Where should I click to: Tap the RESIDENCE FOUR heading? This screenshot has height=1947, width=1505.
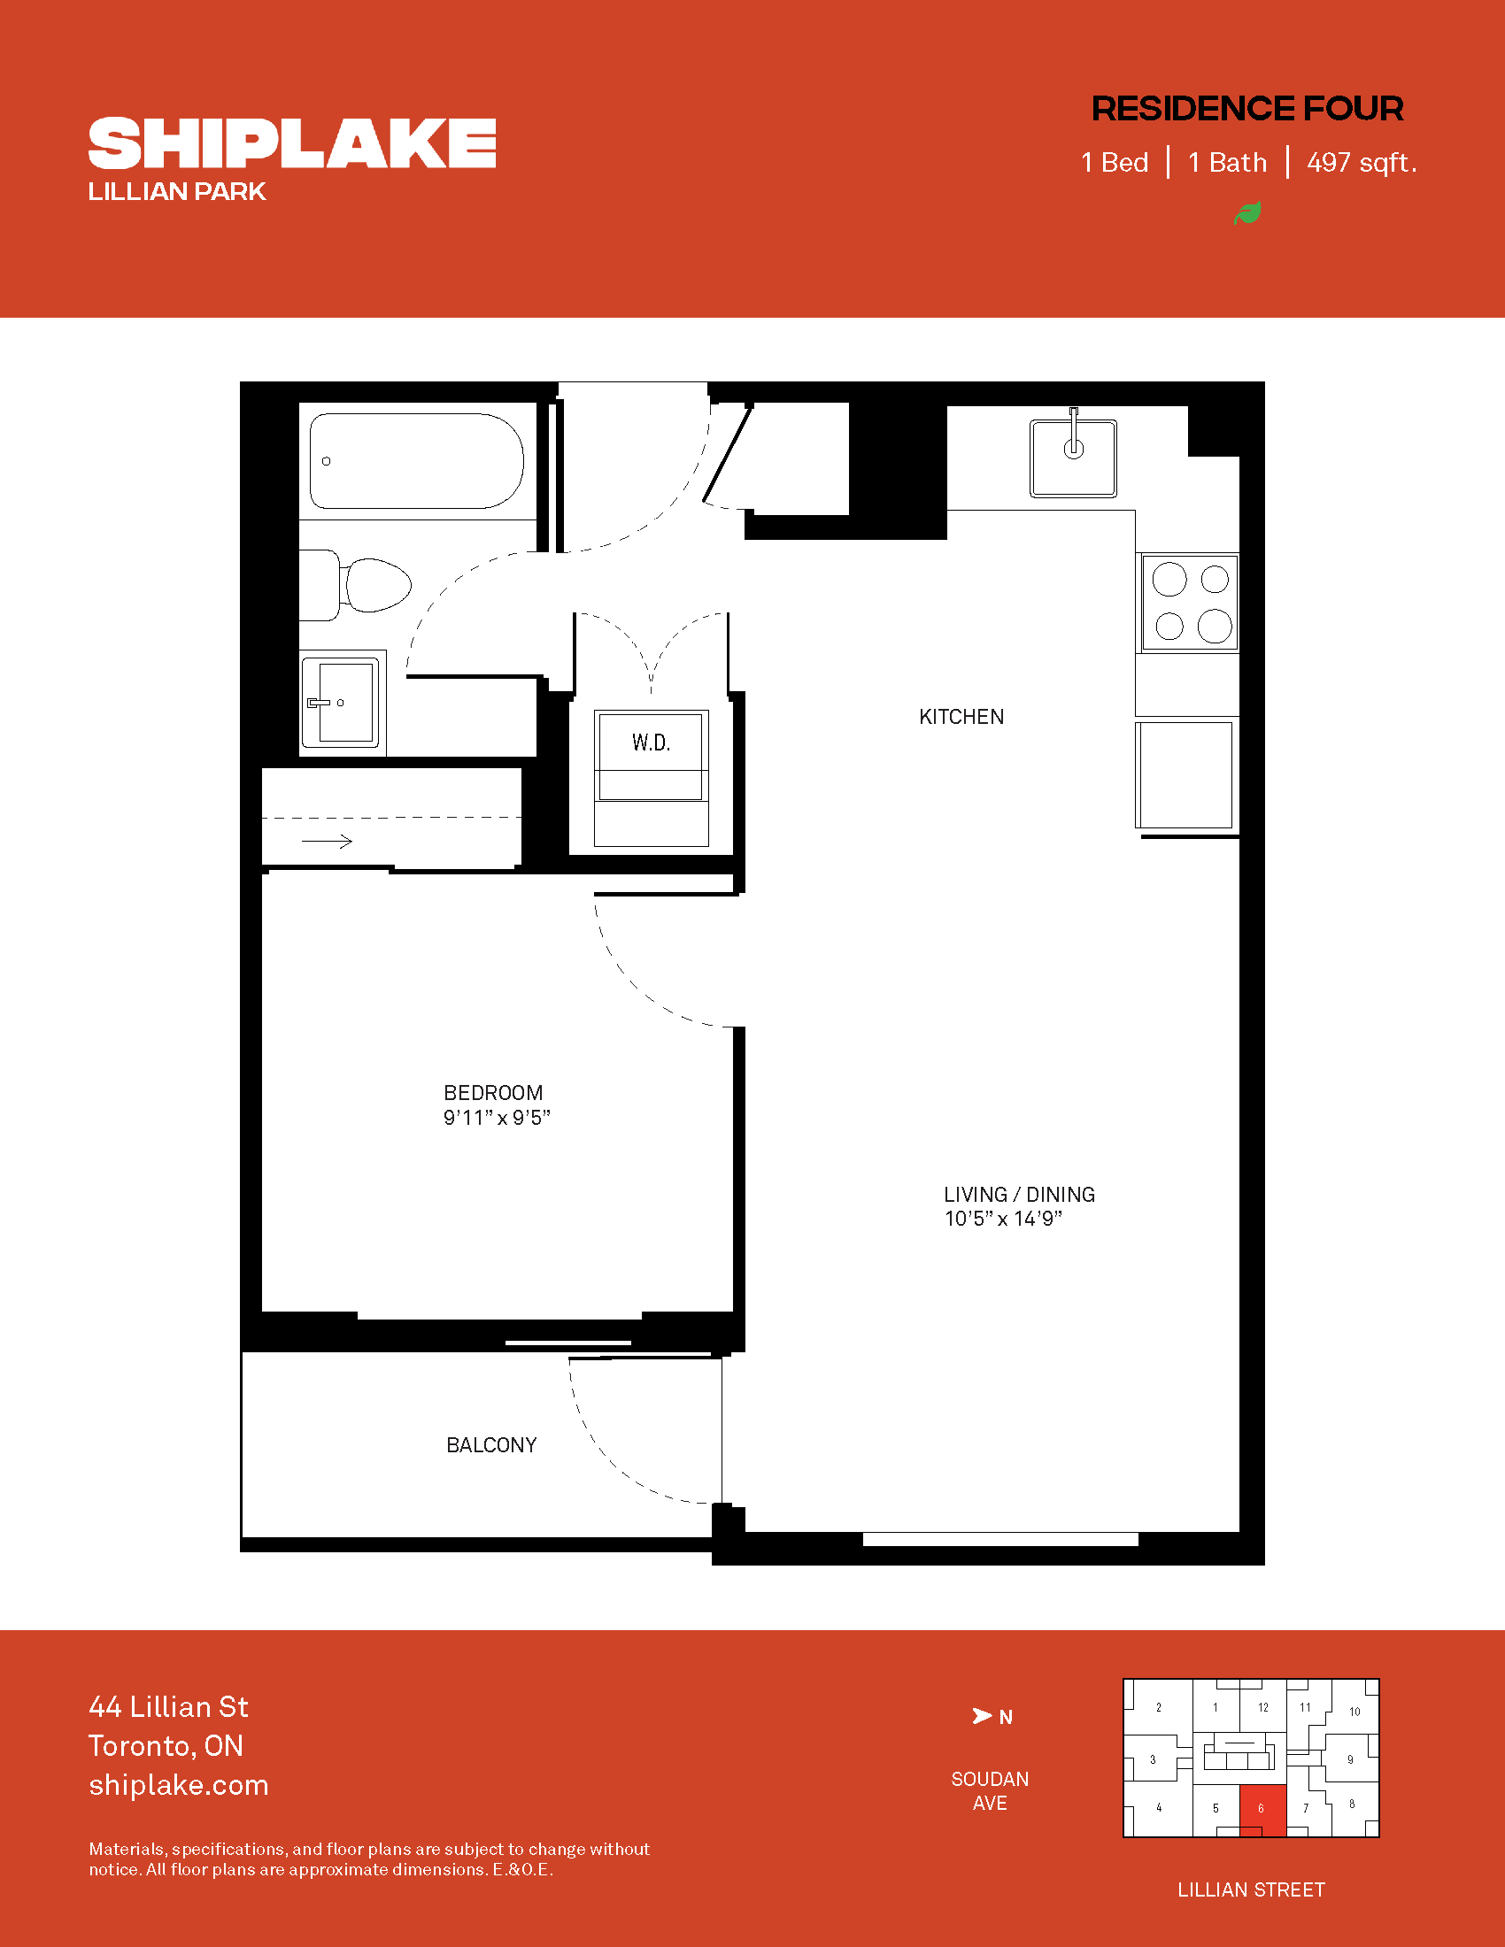coord(1247,109)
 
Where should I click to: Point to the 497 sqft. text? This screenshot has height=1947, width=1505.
coord(1362,162)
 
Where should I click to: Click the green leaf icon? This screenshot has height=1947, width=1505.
coord(1247,213)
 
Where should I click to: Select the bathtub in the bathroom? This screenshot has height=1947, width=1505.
coord(416,461)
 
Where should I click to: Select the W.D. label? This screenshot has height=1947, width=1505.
coord(651,743)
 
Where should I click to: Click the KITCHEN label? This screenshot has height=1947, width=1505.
coord(961,717)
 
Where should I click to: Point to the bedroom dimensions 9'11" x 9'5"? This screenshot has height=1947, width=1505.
coord(497,1118)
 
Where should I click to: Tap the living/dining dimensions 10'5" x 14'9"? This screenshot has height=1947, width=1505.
coord(1003,1219)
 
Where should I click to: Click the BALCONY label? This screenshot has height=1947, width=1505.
coord(491,1445)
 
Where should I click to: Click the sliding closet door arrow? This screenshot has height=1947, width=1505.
coord(328,841)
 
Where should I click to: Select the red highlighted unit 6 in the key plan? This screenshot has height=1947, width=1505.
coord(1262,1810)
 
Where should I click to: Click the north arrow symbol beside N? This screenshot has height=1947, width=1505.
coord(982,1716)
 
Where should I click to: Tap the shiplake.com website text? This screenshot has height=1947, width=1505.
coord(178,1785)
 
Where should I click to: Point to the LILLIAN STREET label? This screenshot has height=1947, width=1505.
coord(1251,1890)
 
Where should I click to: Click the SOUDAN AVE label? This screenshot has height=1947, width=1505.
coord(990,1791)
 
